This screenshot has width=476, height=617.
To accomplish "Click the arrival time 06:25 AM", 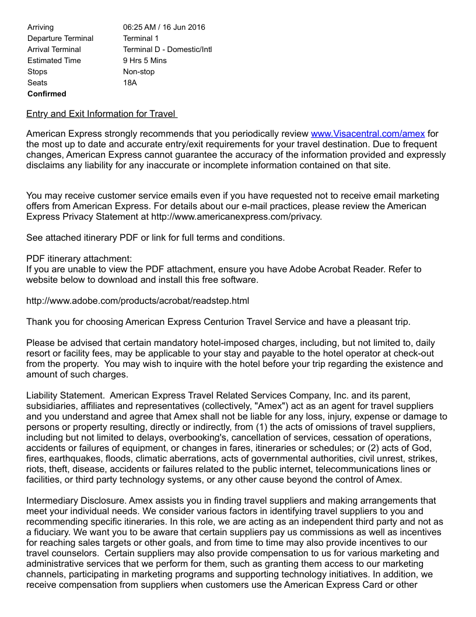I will pyautogui.click(x=139, y=27).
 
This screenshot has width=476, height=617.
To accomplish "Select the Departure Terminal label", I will pyautogui.click(x=60, y=39).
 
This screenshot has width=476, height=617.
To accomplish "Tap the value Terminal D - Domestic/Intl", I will pyautogui.click(x=167, y=50).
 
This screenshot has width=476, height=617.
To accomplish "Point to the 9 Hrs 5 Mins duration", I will pyautogui.click(x=145, y=61).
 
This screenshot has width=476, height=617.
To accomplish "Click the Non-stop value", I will pyautogui.click(x=139, y=72).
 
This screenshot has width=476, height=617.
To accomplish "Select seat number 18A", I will pyautogui.click(x=130, y=83).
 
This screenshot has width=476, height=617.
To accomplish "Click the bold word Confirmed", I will pyautogui.click(x=47, y=94).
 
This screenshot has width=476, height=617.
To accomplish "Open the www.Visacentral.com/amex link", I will pyautogui.click(x=367, y=134).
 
